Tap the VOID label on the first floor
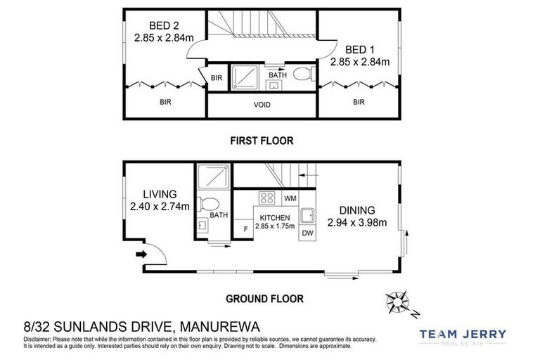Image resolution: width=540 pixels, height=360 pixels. point(261,105)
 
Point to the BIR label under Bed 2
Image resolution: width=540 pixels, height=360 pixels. point(165,102)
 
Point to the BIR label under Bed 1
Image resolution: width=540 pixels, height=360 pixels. point(359,102)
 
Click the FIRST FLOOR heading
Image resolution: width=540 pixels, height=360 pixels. point(262,141)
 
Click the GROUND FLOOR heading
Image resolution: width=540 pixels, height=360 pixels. point(264,299)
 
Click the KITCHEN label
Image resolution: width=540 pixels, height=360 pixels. point(276,219)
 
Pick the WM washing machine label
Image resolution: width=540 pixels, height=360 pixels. point(290,199)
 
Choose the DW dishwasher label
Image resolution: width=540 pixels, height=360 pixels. point(307,233)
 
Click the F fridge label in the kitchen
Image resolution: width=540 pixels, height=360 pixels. point(245,229)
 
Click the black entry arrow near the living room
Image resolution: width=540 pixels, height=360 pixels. point(141,254)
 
